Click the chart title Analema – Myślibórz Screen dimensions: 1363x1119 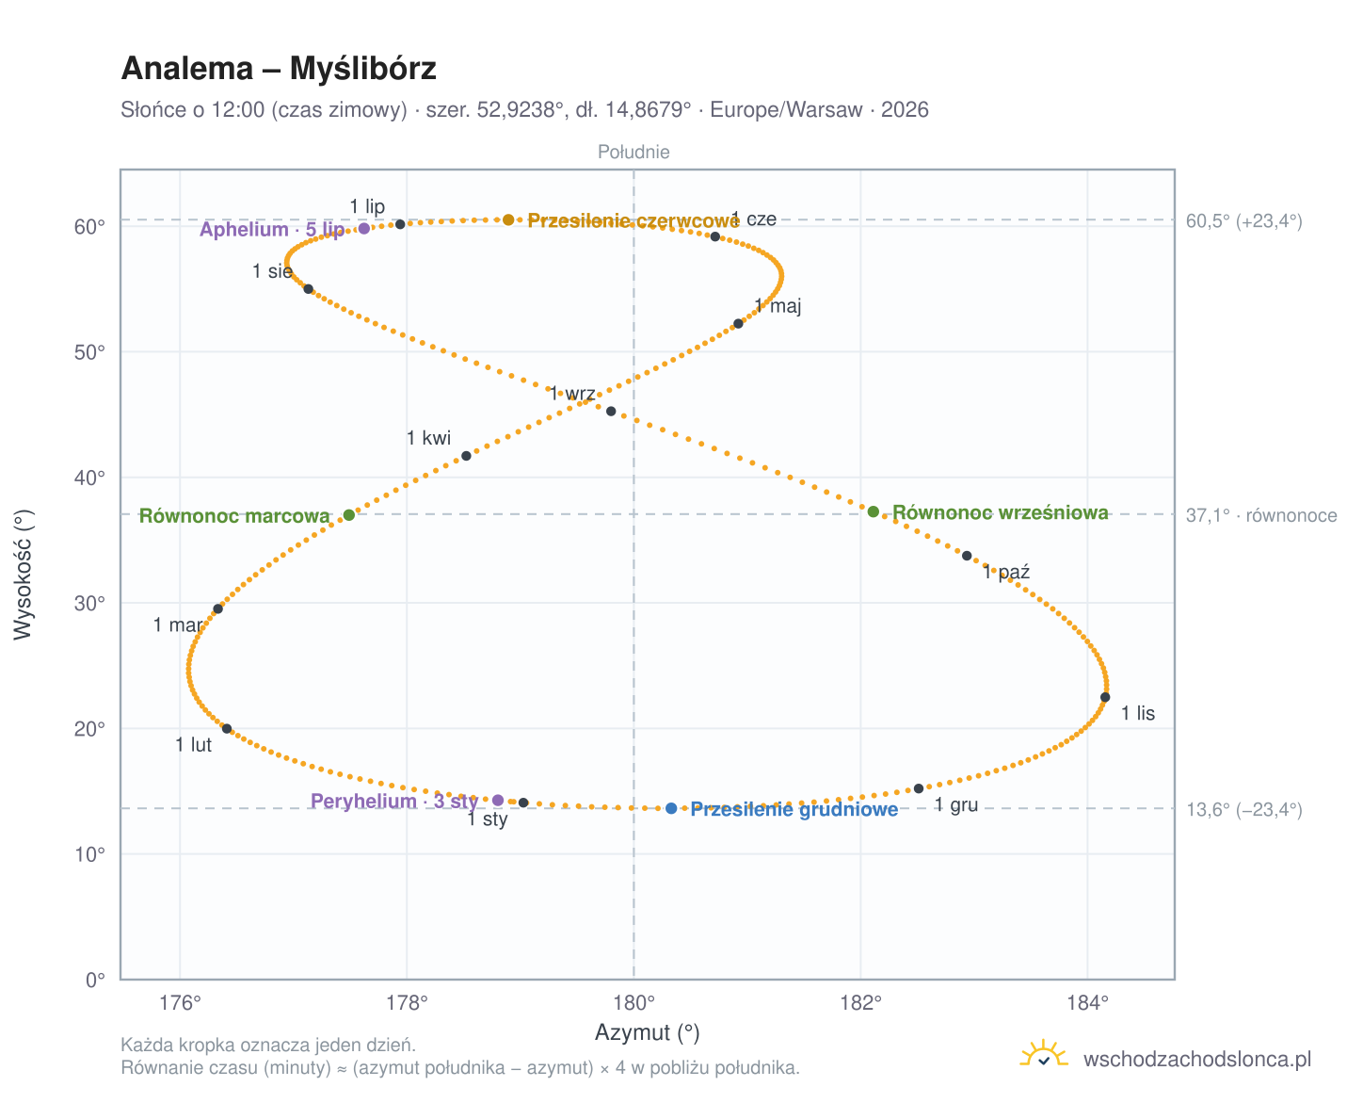[279, 68]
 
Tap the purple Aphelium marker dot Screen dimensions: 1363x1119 [364, 228]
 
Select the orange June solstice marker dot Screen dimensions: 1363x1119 [508, 219]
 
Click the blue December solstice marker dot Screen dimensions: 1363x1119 [671, 808]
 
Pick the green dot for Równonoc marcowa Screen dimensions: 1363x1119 [349, 515]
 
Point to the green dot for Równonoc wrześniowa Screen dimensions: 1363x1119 [874, 511]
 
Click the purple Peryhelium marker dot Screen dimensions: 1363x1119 [498, 800]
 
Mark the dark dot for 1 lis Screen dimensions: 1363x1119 [1105, 697]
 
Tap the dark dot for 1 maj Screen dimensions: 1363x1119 [738, 323]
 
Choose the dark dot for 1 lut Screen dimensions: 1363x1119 [227, 729]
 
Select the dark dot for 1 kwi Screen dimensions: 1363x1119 [466, 456]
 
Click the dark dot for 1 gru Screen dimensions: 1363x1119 [919, 788]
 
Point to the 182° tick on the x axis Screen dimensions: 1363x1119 [860, 1003]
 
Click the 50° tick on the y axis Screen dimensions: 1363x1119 [89, 352]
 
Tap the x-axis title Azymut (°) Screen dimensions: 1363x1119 [647, 1032]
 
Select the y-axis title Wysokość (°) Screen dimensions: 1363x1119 [24, 575]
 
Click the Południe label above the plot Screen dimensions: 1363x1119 [633, 152]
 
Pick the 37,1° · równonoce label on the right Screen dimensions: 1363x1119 [1261, 515]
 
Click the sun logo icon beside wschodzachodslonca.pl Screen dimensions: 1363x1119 [1043, 1053]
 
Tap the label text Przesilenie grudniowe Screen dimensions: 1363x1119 [794, 809]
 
